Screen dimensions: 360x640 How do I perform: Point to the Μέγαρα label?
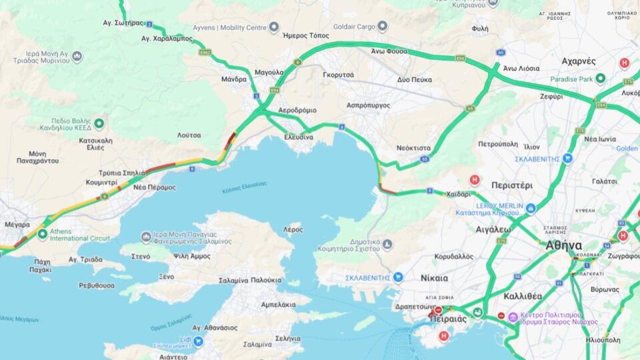[x=17, y=225]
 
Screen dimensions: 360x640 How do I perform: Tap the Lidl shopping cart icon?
[x=198, y=341]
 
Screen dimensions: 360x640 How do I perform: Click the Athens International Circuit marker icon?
[x=43, y=234]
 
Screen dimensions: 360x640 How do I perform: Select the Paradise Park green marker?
[x=600, y=79]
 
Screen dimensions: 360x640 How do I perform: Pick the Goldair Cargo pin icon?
[x=382, y=27]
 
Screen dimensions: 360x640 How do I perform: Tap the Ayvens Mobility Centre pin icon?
[x=273, y=27]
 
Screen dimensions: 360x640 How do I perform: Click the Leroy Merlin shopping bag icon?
[x=531, y=209]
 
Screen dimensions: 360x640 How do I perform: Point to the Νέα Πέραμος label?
[x=154, y=187]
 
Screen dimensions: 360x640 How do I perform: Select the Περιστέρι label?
[x=511, y=185]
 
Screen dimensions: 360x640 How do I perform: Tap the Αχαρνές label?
[x=579, y=61]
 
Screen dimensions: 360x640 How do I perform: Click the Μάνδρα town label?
[x=234, y=79]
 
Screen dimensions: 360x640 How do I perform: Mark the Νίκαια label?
[x=435, y=277]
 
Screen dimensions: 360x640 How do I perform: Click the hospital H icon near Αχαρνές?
[x=625, y=63]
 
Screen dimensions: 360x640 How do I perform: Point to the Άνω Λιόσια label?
[x=522, y=68]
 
